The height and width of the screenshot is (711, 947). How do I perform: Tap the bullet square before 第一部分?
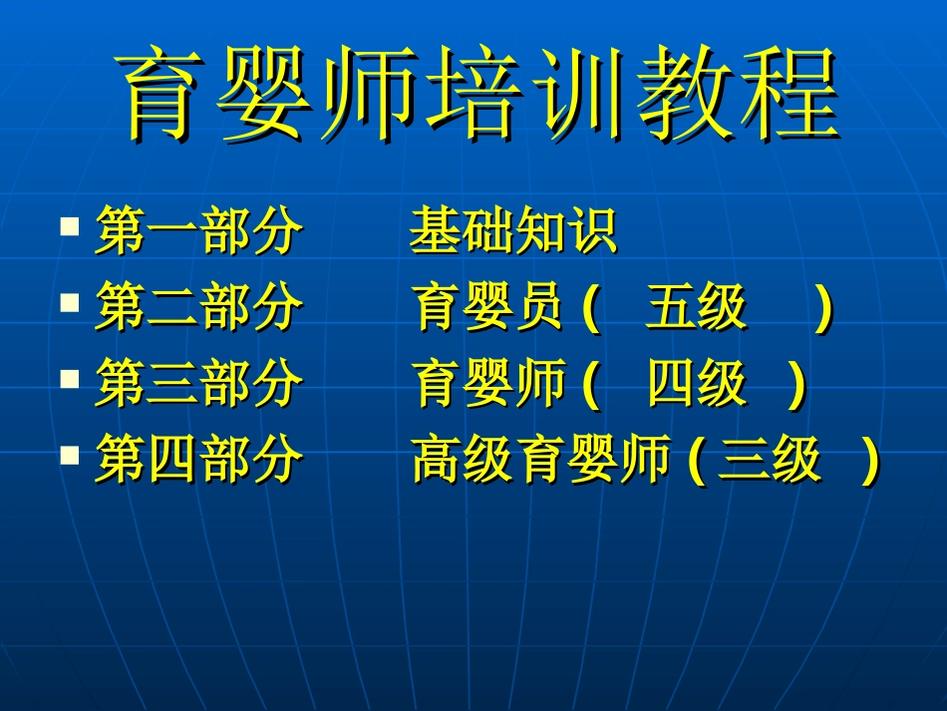coord(69,225)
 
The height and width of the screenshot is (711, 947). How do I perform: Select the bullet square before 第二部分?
coord(69,301)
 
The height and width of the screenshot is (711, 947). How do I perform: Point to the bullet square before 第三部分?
coord(69,379)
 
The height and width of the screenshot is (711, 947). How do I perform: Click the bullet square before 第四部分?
coord(69,455)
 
